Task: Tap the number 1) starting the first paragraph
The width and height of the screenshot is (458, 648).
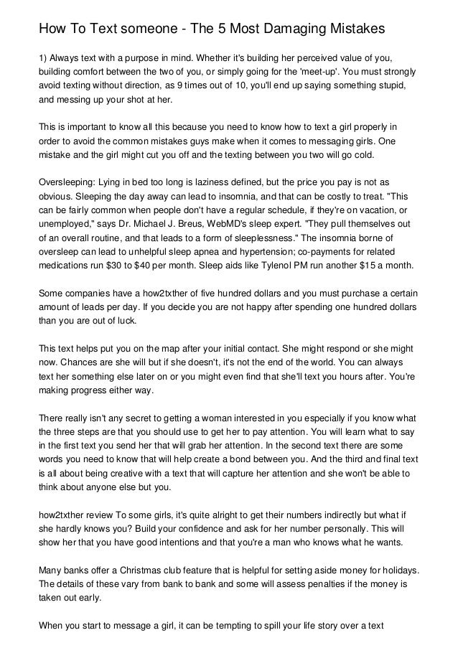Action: [42, 58]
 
